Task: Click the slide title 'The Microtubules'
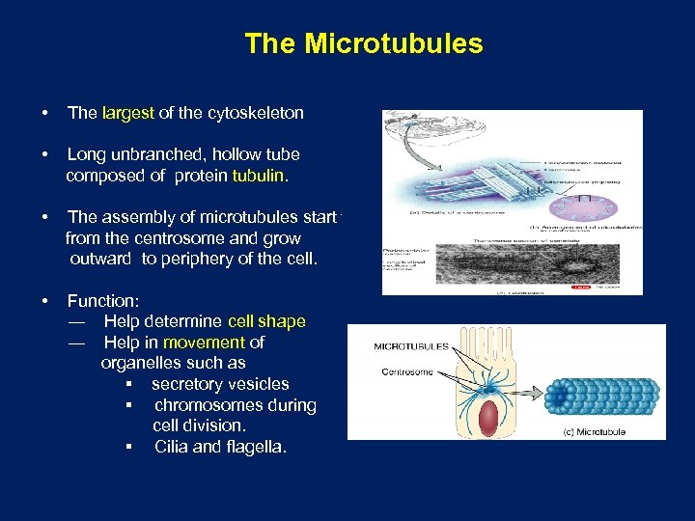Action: coord(363,43)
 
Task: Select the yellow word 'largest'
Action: coord(127,113)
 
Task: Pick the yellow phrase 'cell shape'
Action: coord(266,321)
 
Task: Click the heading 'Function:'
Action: coord(103,300)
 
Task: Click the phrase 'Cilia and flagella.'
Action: coord(220,448)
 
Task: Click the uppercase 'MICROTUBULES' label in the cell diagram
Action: coord(410,346)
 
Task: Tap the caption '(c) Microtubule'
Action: coord(595,432)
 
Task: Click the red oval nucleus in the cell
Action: coord(488,416)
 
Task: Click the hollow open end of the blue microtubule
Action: coord(559,395)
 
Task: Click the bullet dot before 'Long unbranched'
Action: coord(45,154)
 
